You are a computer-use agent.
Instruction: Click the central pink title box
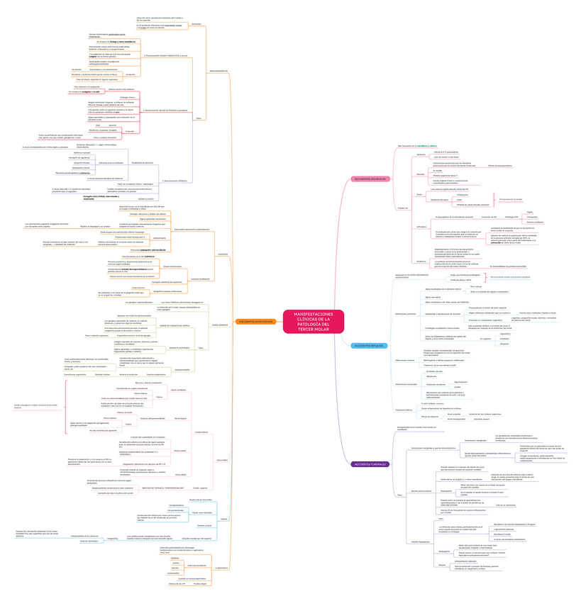(314, 321)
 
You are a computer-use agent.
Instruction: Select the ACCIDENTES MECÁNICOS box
(370, 179)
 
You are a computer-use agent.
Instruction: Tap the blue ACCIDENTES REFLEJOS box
(370, 345)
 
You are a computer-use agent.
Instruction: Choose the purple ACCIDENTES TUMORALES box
(370, 464)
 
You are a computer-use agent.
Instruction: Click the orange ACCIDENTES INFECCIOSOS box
(255, 322)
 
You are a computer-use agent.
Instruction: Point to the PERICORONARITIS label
(218, 71)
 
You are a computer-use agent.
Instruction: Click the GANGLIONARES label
(220, 325)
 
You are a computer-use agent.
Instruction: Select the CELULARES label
(222, 460)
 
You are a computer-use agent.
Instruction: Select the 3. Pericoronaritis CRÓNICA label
(175, 181)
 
